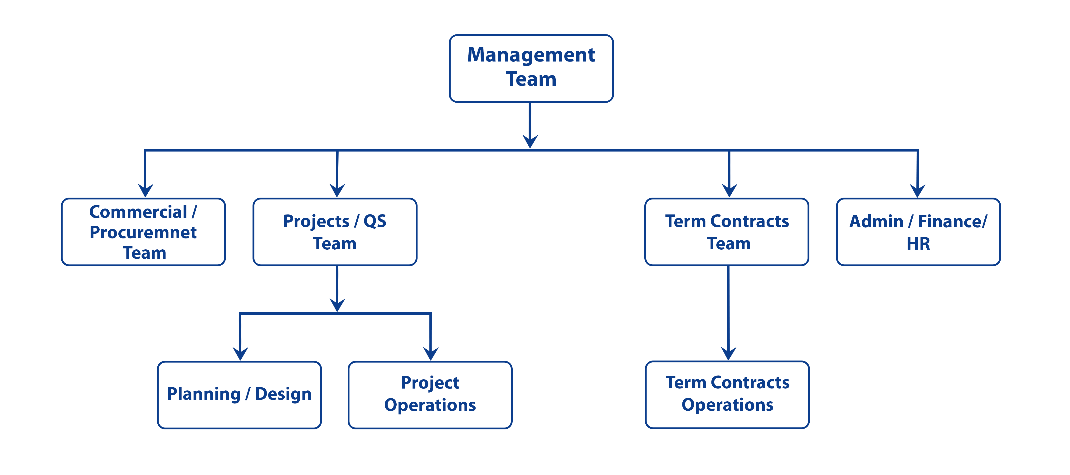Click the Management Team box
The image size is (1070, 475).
531,68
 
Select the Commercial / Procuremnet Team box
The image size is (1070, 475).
143,232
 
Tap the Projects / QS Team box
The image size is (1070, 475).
335,232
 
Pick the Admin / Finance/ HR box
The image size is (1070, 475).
918,232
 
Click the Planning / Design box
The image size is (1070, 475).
239,395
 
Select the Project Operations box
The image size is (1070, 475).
430,395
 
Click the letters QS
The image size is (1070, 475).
375,221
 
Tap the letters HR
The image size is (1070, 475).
918,243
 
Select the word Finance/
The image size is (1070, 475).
953,221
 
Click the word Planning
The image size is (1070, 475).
204,394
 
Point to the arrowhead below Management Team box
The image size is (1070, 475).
530,141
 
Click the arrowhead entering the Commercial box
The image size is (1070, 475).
145,190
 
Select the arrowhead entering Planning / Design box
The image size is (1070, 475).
240,354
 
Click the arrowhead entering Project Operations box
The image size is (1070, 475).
431,354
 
